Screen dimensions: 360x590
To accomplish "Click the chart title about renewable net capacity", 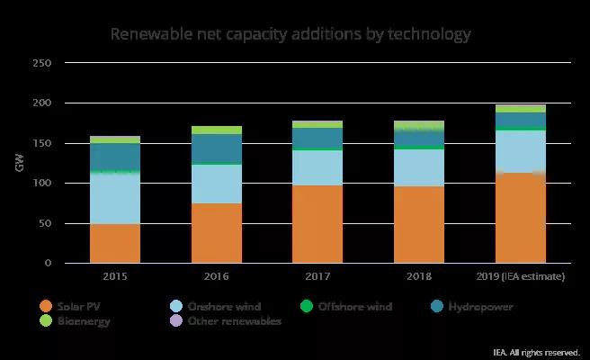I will tap(290, 35).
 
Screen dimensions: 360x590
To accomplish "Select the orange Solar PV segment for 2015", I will tap(115, 243).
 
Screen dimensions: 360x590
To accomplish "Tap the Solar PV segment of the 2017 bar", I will tap(317, 224).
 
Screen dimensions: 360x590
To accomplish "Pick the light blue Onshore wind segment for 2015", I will tap(115, 198).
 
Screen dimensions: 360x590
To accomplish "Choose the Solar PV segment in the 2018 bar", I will tap(418, 224).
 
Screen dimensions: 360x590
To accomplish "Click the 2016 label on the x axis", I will tap(216, 276).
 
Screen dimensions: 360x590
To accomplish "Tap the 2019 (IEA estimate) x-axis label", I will tap(520, 276).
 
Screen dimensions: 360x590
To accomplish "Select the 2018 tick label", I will tap(418, 276).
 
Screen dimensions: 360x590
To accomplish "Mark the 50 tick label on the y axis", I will tap(45, 223).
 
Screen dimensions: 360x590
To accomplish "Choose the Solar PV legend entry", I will tap(71, 306).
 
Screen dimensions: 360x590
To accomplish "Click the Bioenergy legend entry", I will tap(72, 321).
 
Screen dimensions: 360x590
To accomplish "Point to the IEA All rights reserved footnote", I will tap(537, 352).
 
